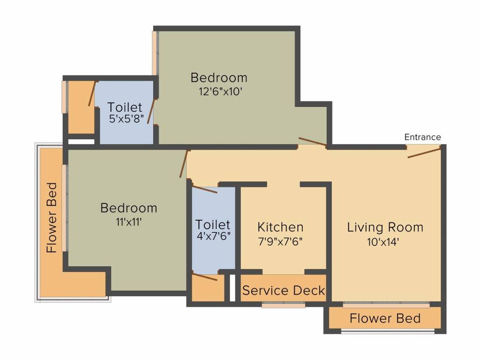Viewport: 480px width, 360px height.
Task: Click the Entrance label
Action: [422, 137]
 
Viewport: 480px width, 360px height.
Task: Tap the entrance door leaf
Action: [424, 152]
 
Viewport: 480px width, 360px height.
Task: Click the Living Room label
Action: [385, 227]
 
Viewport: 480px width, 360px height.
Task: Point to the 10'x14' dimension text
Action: [382, 242]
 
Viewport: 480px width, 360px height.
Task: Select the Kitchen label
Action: [280, 227]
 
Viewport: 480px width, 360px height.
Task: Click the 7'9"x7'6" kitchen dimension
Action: [280, 241]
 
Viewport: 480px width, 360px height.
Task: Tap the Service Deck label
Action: [284, 290]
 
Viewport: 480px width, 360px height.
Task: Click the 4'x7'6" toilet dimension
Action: [213, 236]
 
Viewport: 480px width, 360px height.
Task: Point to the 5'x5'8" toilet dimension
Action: [127, 119]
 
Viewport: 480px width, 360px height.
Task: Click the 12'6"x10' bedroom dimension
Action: [220, 91]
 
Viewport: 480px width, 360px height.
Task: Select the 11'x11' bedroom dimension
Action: [128, 222]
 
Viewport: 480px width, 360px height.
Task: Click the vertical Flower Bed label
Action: [52, 217]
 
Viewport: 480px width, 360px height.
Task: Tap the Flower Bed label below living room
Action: [385, 318]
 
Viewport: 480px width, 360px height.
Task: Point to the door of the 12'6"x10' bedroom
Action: [313, 142]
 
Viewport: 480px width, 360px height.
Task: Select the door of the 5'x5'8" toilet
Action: [151, 111]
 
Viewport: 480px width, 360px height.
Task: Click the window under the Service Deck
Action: [284, 305]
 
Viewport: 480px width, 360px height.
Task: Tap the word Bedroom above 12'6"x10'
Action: [219, 78]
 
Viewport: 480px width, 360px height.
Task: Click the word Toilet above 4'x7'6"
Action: [213, 225]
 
